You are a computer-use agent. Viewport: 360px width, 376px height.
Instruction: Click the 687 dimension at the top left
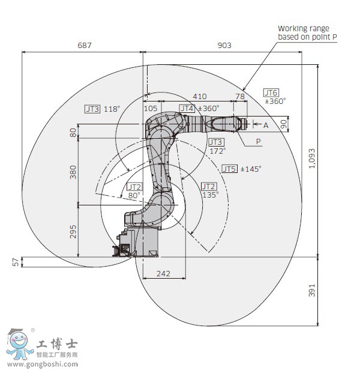84,45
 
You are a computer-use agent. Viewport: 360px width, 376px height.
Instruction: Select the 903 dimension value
223,45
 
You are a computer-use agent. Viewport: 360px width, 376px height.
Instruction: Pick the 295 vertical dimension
73,231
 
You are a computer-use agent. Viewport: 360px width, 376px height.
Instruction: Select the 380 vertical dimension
73,172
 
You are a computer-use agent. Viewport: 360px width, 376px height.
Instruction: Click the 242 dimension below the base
163,273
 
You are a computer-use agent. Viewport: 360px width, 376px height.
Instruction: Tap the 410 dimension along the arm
199,96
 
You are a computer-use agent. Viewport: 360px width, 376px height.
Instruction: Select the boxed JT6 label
271,92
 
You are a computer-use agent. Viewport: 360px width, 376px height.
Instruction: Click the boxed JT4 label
187,108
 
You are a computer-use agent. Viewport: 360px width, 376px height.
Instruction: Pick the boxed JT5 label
229,169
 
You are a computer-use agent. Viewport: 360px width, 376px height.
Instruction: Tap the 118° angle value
112,109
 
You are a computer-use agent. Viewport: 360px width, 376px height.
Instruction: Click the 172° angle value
217,151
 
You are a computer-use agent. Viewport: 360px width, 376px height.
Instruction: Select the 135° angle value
210,195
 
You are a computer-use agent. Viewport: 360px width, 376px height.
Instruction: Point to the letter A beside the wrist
266,125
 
